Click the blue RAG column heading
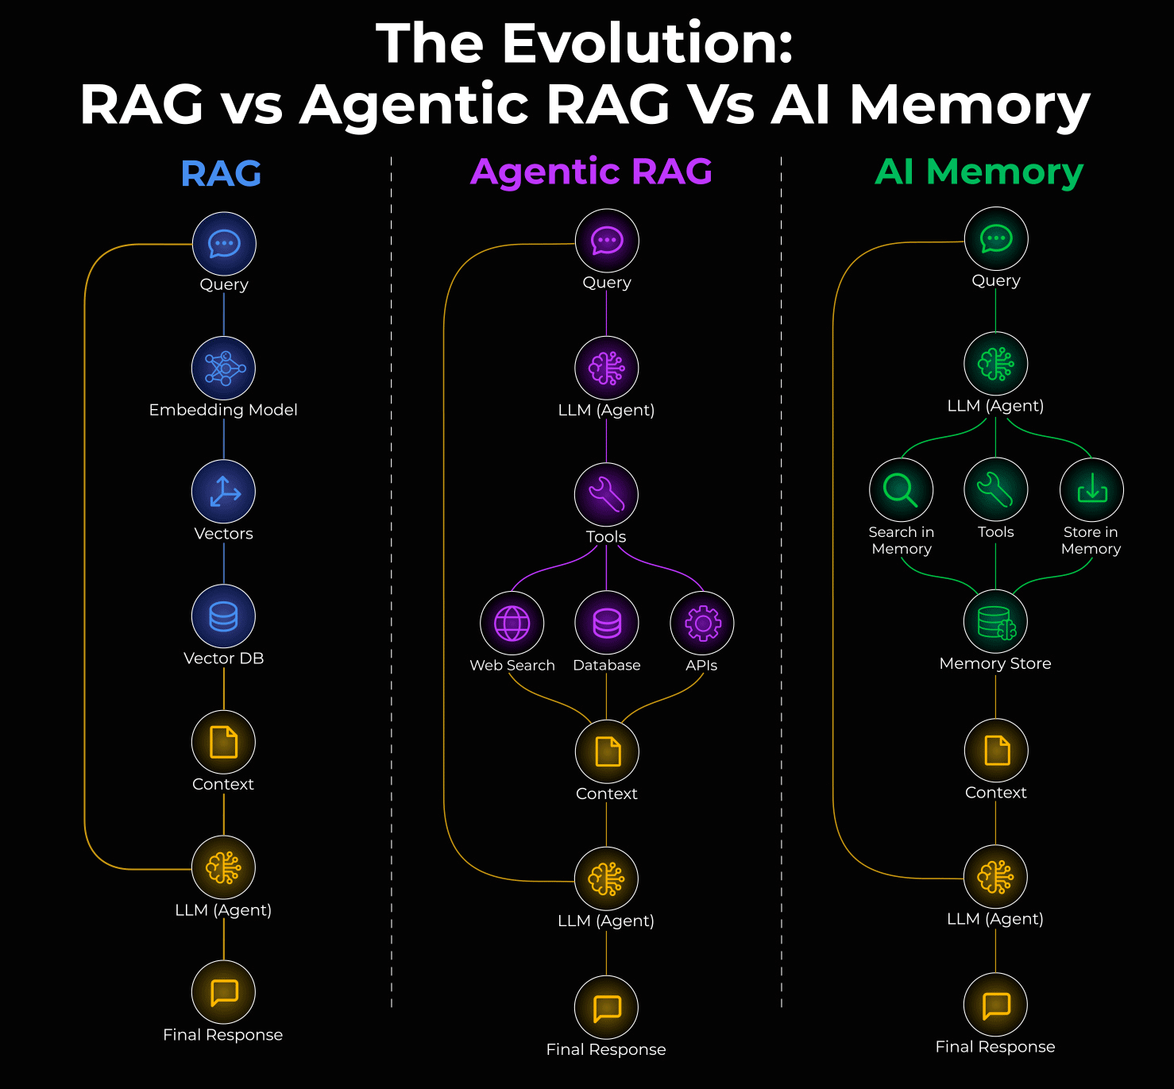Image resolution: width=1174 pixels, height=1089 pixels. tap(221, 173)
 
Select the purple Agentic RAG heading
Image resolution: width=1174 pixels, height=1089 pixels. tap(591, 172)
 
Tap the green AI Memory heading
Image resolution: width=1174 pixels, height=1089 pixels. tap(979, 172)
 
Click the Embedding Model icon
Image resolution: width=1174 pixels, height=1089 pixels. tap(224, 368)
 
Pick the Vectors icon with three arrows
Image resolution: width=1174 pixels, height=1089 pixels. tap(224, 492)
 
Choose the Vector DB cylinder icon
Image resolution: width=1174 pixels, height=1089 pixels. tap(224, 616)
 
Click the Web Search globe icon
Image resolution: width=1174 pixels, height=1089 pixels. tap(512, 623)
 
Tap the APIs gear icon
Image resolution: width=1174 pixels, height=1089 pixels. tap(702, 623)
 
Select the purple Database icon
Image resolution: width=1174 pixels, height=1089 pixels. tap(607, 623)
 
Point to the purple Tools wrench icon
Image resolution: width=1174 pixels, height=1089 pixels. tap(607, 494)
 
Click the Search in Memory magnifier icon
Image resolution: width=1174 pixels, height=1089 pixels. tap(901, 489)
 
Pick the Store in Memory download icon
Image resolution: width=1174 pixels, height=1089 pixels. tap(1091, 489)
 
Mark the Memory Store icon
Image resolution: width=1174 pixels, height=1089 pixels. tap(996, 622)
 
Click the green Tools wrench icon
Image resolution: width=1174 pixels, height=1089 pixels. tap(996, 489)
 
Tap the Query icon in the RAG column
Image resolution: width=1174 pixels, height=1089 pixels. tap(224, 244)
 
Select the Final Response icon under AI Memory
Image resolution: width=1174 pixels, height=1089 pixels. tap(996, 1005)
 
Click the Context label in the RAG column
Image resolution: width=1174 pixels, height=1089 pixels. tap(223, 784)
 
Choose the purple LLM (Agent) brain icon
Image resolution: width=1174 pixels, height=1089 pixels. tap(607, 368)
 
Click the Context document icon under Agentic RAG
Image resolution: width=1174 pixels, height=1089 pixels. tap(607, 751)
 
